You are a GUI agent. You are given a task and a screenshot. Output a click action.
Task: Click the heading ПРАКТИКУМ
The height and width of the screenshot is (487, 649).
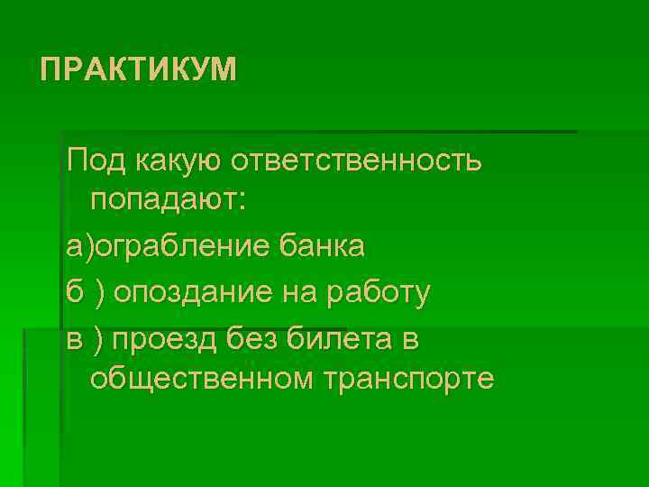pos(139,69)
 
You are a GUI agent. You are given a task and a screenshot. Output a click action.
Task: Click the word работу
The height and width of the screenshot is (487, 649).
pos(379,292)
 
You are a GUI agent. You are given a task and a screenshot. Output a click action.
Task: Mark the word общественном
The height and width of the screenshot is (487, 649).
pos(197,379)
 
